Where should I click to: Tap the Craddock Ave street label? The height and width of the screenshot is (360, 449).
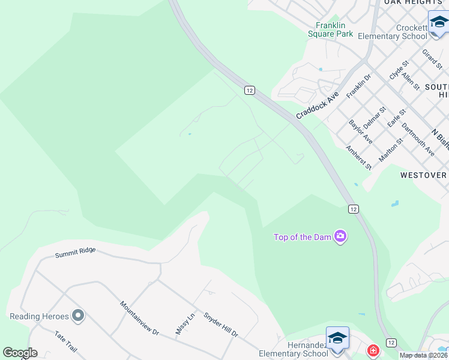tap(317, 105)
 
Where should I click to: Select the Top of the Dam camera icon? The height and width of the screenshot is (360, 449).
tap(340, 236)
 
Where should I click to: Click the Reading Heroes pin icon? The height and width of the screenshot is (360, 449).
tap(77, 316)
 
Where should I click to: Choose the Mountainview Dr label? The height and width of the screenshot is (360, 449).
tap(139, 318)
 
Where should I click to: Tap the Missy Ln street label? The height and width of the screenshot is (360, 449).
tap(185, 324)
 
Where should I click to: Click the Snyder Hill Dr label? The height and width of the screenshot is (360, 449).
tap(220, 325)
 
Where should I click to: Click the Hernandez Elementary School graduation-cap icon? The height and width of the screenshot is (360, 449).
tap(337, 337)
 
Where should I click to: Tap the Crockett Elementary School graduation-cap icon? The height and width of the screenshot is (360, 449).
tap(439, 23)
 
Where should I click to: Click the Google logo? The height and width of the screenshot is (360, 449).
tap(20, 353)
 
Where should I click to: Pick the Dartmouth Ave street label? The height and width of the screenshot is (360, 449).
tap(418, 139)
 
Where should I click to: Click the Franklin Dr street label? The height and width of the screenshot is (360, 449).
tap(358, 86)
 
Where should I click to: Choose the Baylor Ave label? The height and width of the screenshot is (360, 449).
tap(360, 132)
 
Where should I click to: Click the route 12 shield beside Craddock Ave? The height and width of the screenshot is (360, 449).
tap(250, 90)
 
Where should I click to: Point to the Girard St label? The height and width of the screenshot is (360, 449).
tap(432, 59)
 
